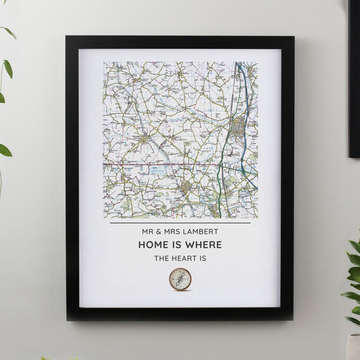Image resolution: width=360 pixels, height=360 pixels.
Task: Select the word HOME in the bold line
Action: click(151, 245)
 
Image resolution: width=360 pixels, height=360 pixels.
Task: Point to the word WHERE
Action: click(204, 245)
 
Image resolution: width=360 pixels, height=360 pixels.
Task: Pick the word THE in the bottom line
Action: click(161, 258)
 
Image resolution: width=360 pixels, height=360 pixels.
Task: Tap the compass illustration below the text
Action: click(180, 279)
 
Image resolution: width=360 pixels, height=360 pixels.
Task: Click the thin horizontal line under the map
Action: click(180, 223)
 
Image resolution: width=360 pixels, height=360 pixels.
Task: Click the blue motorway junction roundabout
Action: click(243, 170)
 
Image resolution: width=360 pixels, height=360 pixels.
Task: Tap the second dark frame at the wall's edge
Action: click(354, 77)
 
